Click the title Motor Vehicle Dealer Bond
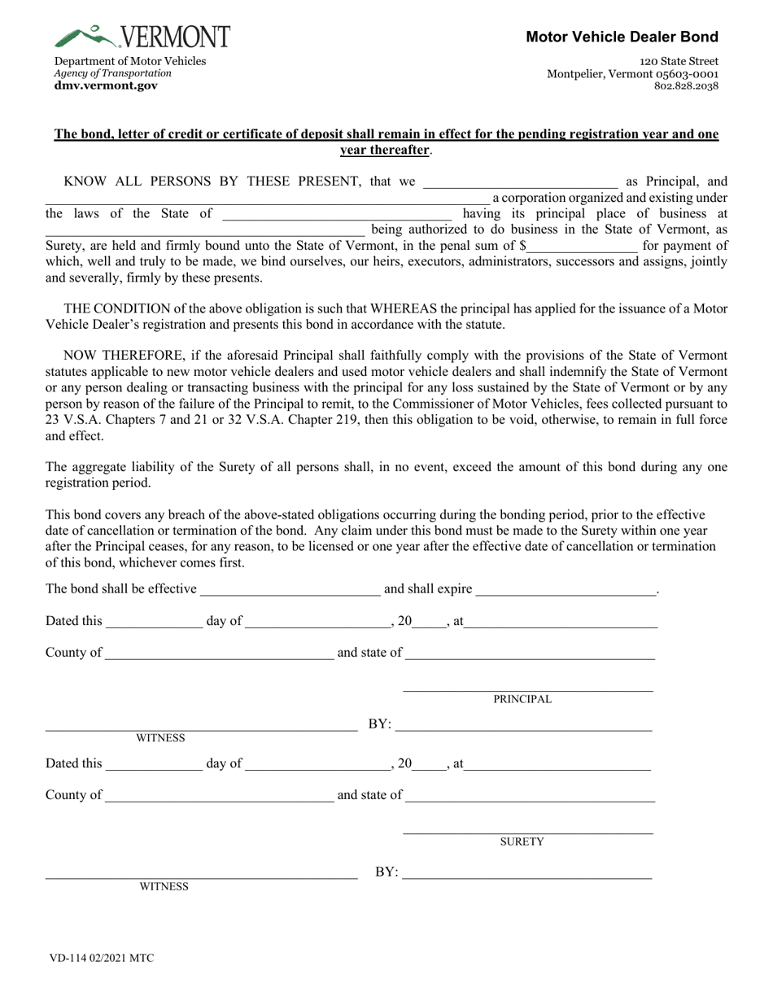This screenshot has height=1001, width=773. pyautogui.click(x=622, y=37)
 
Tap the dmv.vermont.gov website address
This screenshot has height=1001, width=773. pyautogui.click(x=106, y=85)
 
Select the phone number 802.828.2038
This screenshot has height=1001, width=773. pyautogui.click(x=686, y=85)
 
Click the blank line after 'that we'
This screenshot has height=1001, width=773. pyautogui.click(x=519, y=182)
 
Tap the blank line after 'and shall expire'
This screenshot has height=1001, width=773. pyautogui.click(x=565, y=589)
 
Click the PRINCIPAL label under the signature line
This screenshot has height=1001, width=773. pyautogui.click(x=522, y=699)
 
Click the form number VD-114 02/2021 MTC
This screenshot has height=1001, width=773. pyautogui.click(x=101, y=958)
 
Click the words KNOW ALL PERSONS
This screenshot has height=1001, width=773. pyautogui.click(x=137, y=181)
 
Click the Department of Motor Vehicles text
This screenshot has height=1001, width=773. pyautogui.click(x=130, y=61)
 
